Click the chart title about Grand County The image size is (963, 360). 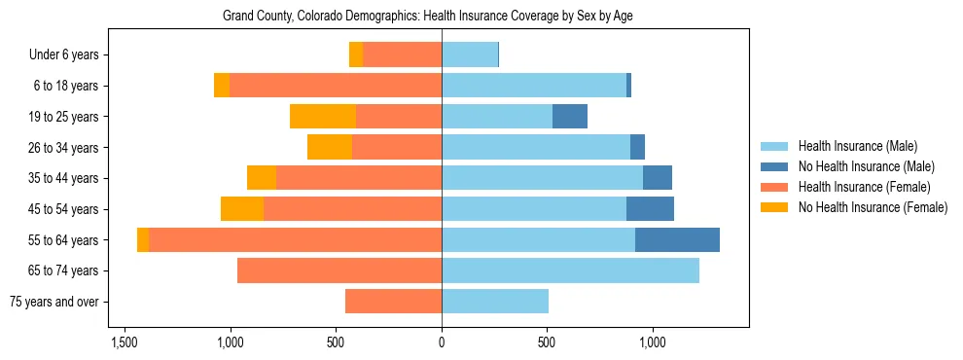point(428,17)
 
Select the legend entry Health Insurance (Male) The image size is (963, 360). point(857,146)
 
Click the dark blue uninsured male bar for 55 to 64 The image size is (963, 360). point(677,239)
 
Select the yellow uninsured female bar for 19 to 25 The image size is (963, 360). point(323,117)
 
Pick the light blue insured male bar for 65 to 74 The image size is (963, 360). point(570,270)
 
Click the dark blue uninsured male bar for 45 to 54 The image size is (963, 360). point(650,209)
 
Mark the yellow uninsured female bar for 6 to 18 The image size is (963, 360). point(222,86)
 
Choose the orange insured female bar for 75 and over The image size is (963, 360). point(393,302)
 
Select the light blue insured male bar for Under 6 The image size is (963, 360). point(470,55)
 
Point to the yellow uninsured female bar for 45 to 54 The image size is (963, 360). point(242,209)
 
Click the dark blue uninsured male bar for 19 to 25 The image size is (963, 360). point(570,117)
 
